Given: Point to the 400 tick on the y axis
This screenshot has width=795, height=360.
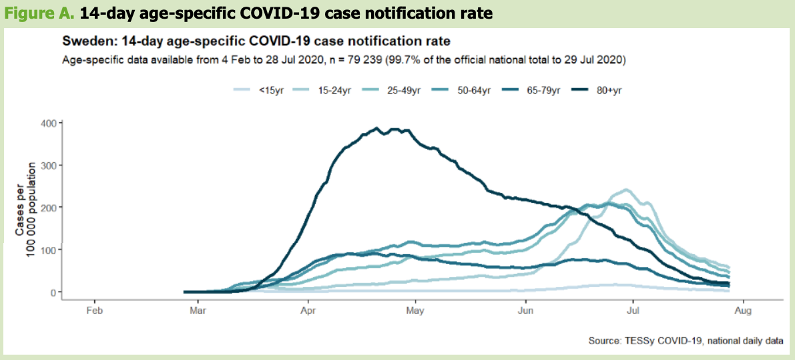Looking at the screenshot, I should (48, 123).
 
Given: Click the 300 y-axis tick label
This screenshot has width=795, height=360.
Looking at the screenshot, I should (48, 165).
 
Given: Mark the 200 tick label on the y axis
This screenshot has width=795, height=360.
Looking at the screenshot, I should (48, 207).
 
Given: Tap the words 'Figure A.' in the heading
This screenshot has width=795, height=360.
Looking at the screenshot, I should (33, 13).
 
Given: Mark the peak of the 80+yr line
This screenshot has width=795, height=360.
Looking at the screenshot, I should (377, 128).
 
